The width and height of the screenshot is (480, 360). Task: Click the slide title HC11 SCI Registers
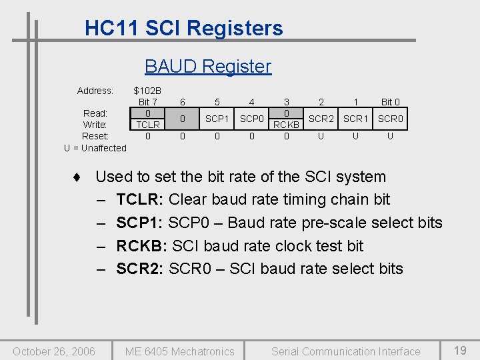pos(183,28)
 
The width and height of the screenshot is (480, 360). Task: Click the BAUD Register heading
pos(208,66)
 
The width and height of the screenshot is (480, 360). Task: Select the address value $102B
pos(147,91)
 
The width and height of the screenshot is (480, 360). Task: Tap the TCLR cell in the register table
pos(147,124)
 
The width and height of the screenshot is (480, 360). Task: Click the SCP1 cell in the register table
pos(217,119)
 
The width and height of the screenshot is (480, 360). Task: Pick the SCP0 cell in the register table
pos(251,119)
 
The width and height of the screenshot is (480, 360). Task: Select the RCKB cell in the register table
pos(287,124)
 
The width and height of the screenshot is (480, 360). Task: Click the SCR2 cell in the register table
pos(321,119)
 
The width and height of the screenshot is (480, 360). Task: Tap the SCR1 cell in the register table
pos(356,119)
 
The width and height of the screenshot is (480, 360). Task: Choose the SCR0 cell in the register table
pos(391,119)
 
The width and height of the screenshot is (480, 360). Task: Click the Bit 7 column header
pos(147,102)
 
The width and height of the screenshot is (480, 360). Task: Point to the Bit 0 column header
pos(391,102)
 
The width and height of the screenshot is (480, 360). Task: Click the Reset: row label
pos(95,136)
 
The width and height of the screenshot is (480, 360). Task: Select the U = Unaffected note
pos(95,147)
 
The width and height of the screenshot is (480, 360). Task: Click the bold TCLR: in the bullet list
pos(140,199)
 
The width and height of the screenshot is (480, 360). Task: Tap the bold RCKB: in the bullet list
pos(141,246)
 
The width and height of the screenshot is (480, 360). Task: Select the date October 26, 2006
pos(54,351)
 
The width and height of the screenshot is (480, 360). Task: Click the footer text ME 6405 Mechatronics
pos(180,351)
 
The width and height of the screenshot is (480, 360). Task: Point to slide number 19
pos(460,350)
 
